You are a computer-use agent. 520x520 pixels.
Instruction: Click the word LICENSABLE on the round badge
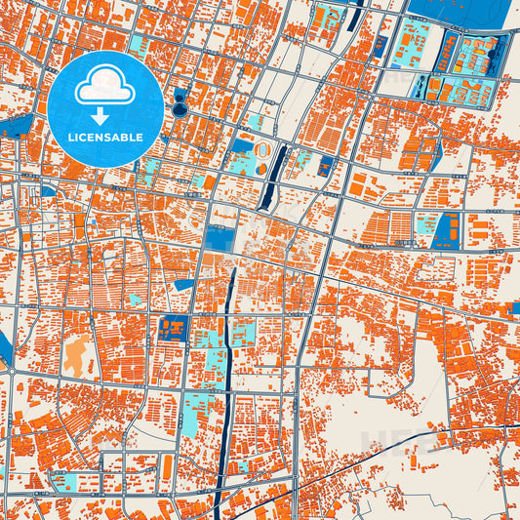pos(105,138)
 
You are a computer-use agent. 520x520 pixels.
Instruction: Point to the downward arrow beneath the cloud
pos(105,115)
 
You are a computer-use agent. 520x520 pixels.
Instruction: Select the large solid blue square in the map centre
pos(220,237)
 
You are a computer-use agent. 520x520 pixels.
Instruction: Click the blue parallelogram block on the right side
pos(447,231)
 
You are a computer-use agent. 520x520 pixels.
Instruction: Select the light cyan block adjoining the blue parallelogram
pos(425,228)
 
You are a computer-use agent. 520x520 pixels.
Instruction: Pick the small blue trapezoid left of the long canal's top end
pos(182,284)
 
